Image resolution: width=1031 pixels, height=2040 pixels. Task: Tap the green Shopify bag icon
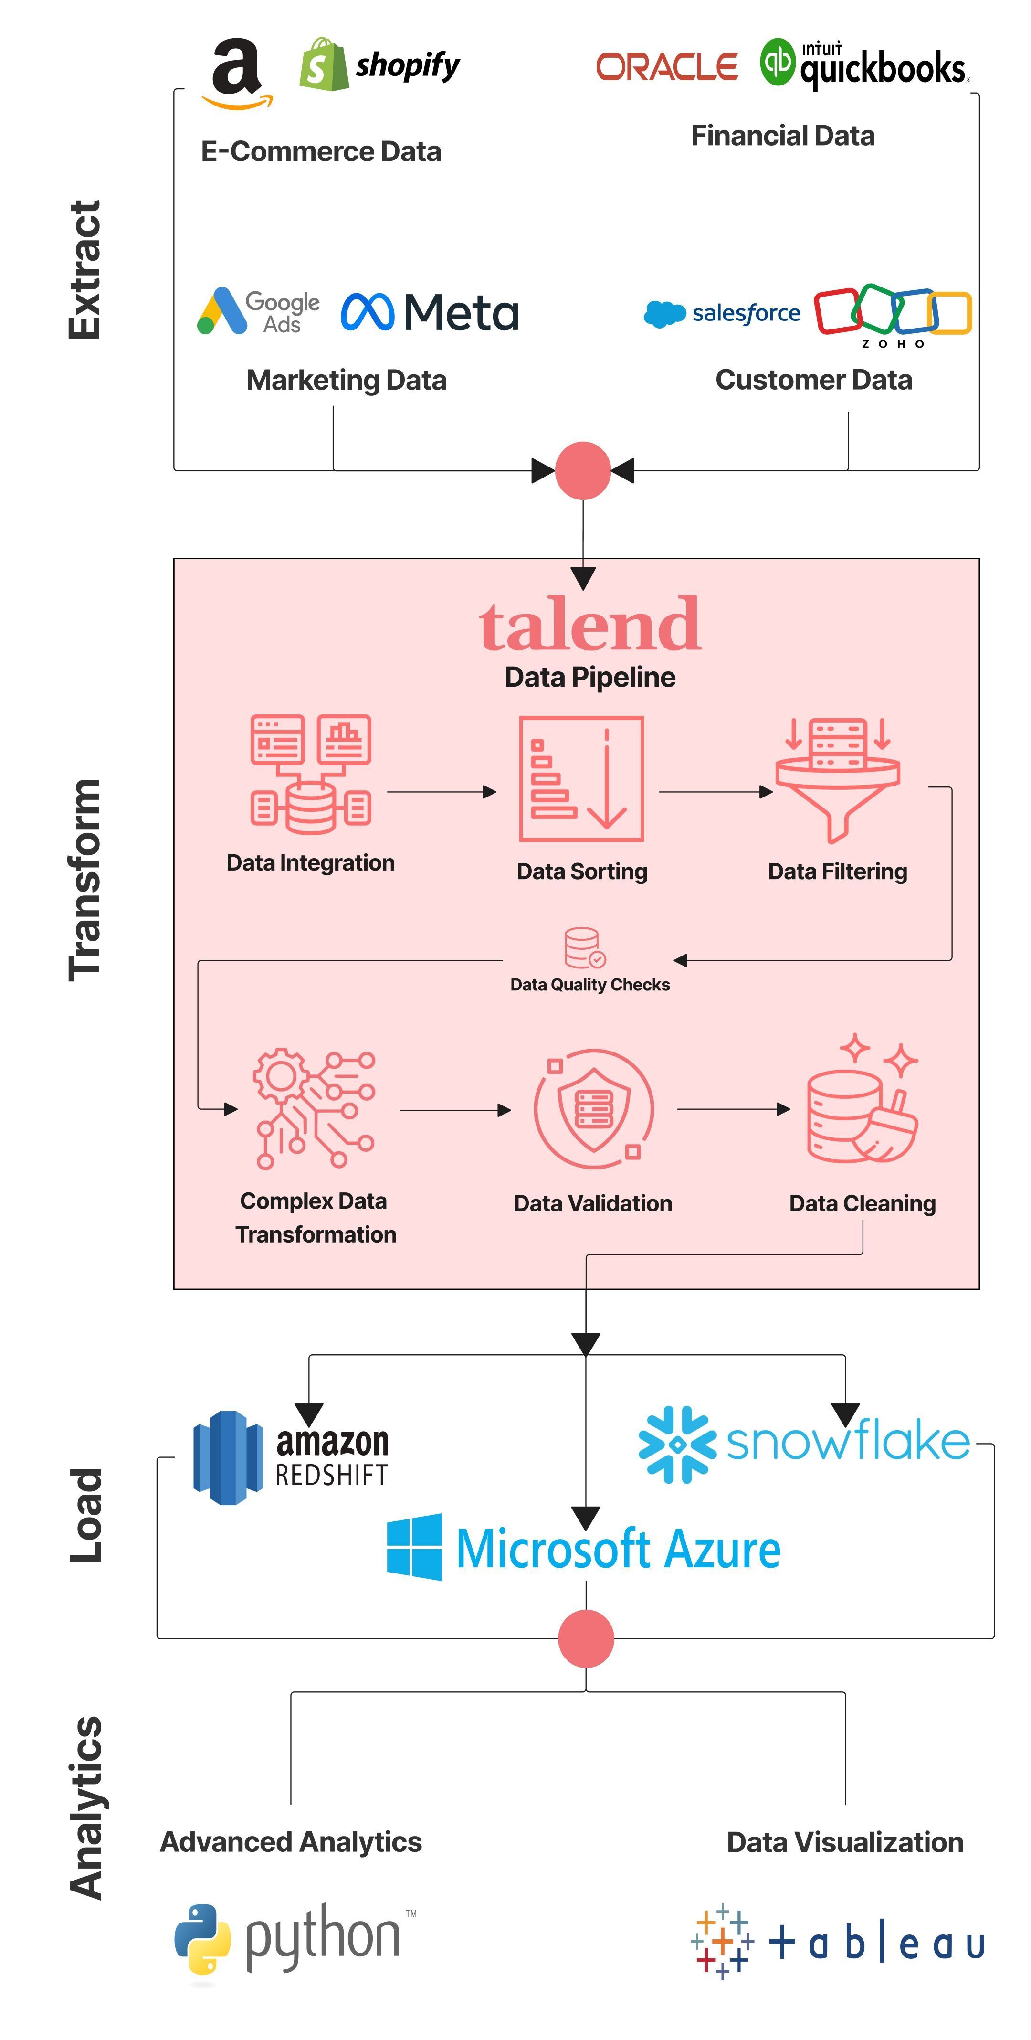(323, 65)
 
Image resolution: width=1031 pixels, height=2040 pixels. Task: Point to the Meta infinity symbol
(367, 312)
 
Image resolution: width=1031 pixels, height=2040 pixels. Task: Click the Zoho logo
(893, 314)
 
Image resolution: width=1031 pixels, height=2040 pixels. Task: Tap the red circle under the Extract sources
(583, 470)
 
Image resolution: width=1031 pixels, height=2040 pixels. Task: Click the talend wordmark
(590, 626)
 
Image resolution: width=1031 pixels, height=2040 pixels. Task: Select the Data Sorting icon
(581, 778)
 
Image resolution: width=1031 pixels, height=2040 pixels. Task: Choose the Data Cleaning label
(863, 1203)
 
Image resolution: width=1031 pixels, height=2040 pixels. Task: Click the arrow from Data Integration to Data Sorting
(441, 791)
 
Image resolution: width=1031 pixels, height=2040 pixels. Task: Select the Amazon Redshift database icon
(228, 1457)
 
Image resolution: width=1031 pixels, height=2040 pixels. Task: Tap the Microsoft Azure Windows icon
(414, 1547)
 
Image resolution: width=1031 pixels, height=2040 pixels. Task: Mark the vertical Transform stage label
(85, 880)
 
